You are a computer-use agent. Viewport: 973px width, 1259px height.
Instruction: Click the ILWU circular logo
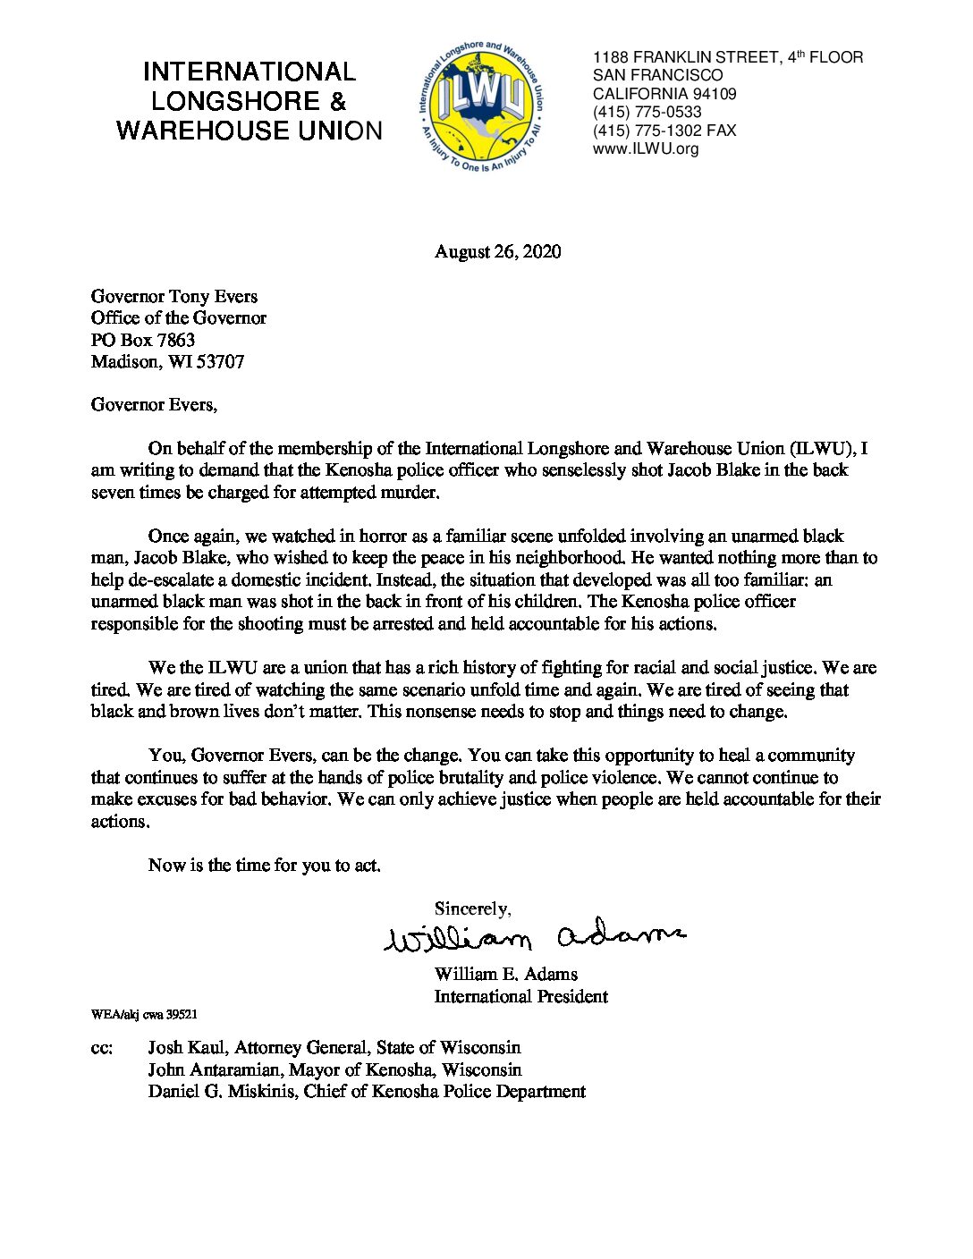pos(480,105)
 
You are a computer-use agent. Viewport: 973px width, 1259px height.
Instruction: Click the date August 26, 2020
pos(497,252)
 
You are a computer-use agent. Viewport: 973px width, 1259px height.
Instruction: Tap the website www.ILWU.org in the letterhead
pos(646,149)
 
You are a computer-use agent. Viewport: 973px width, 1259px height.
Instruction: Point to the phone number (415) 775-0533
pos(647,112)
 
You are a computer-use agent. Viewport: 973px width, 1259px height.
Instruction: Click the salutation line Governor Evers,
pos(154,405)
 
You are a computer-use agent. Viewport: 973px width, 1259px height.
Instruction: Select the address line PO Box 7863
pos(143,340)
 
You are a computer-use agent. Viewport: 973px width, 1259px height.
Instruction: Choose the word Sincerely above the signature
pos(472,909)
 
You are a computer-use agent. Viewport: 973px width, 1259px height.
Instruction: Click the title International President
pos(520,996)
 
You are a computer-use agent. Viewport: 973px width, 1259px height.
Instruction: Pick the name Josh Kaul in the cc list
pos(187,1047)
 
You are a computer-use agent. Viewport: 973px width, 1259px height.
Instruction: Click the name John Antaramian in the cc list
pos(215,1069)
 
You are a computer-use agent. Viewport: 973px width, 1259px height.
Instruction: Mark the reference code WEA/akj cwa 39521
pos(144,1015)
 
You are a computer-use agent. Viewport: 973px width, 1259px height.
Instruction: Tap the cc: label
pos(102,1048)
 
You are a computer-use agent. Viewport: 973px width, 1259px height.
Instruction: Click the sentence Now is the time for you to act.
pos(265,866)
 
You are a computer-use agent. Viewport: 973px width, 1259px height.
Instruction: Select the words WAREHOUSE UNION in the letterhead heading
pos(249,131)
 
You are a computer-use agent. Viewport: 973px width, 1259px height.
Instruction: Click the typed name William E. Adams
pos(505,974)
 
